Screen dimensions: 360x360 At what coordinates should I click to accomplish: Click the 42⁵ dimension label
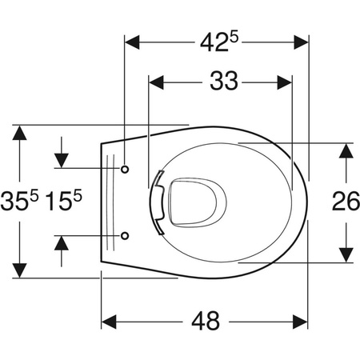(218, 42)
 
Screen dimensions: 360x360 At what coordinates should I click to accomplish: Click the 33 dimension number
(224, 81)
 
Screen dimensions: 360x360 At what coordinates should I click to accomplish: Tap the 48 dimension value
(206, 321)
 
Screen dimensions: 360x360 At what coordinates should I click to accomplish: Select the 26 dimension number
(346, 201)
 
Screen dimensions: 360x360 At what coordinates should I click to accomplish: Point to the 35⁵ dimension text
(19, 200)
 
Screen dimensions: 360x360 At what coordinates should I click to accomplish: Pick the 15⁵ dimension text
(63, 200)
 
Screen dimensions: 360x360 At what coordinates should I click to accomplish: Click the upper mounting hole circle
(125, 169)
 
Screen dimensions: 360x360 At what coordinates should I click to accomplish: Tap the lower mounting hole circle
(125, 236)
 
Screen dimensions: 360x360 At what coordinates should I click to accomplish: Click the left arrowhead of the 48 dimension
(109, 322)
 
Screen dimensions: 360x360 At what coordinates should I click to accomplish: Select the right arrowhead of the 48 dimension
(300, 322)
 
